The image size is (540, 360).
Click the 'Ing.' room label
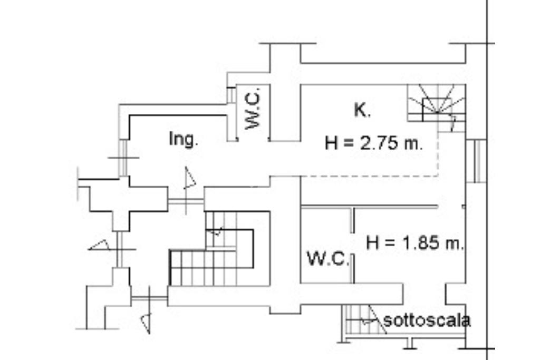[184, 139]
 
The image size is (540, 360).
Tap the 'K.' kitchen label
[362, 110]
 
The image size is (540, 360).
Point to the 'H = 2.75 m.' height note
[374, 143]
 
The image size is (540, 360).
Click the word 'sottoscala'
[427, 320]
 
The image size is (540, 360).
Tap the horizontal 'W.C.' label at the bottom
[328, 259]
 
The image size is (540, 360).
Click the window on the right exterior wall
[479, 161]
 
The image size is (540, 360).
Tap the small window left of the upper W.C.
[230, 95]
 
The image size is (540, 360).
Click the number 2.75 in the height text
[379, 143]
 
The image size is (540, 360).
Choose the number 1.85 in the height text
[421, 243]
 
